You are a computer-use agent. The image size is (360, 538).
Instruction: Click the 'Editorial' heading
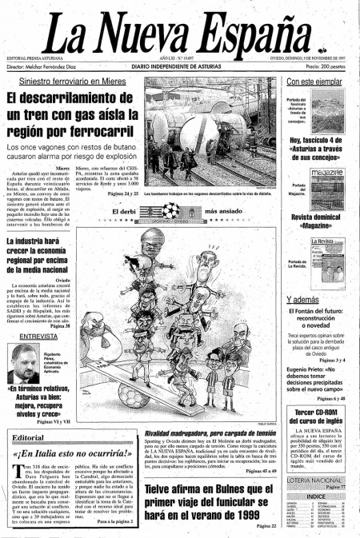point(28,438)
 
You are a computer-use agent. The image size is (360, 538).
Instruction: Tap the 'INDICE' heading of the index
point(315,496)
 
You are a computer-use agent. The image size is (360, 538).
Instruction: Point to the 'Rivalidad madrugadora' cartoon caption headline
point(210,432)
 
